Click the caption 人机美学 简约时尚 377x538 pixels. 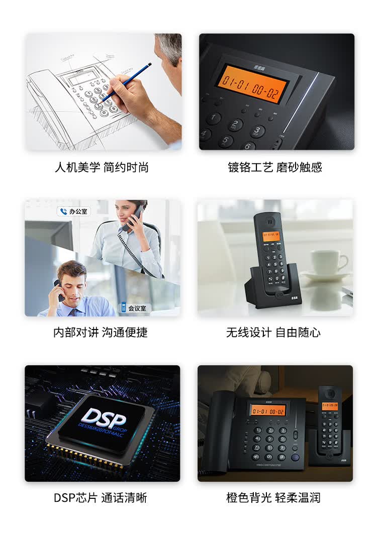pos(102,167)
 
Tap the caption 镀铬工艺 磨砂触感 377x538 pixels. pos(274,167)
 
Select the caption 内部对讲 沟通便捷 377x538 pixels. pos(101,332)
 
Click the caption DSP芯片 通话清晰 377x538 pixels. pos(101,498)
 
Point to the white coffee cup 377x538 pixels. pos(328,263)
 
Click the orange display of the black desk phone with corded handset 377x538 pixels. pos(268,410)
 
